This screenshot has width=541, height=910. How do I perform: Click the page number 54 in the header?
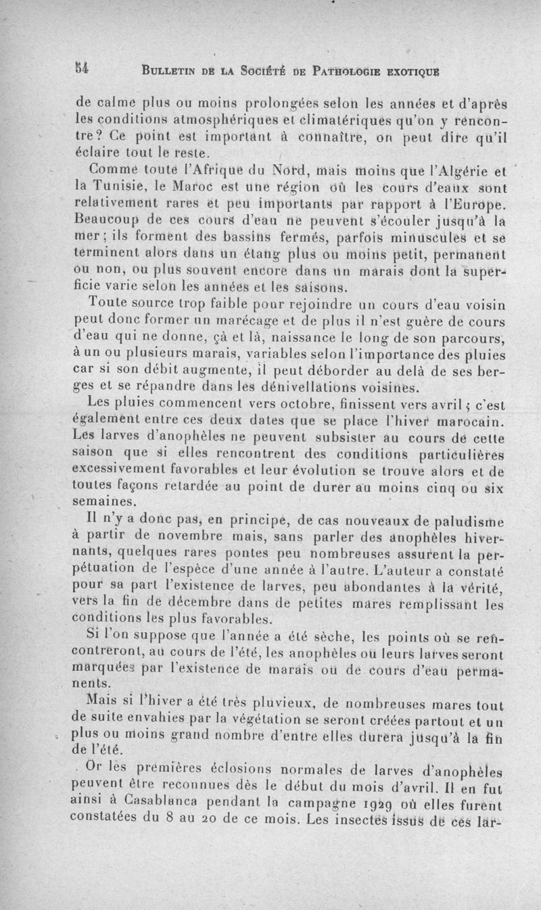pos(83,68)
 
